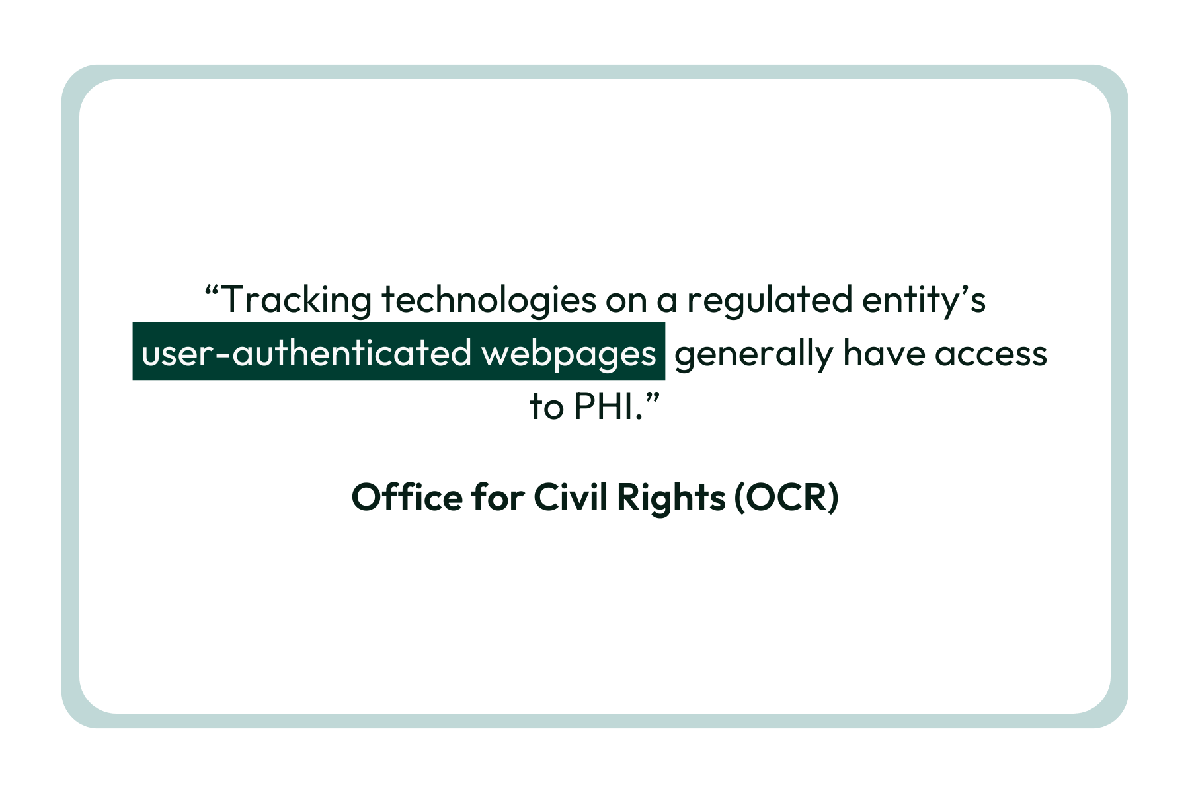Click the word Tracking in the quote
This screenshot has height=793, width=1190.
coord(296,300)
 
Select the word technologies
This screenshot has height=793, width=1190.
coord(489,300)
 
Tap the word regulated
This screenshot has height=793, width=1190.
coord(770,300)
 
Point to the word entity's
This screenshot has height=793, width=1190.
coord(924,300)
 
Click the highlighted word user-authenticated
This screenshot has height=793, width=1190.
coord(306,353)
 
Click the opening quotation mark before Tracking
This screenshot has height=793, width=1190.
coord(212,291)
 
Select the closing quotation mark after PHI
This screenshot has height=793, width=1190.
coord(652,398)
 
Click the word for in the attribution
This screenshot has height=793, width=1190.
coord(498,497)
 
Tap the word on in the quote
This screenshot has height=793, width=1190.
coord(626,302)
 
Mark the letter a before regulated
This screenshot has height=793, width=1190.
coord(667,302)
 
